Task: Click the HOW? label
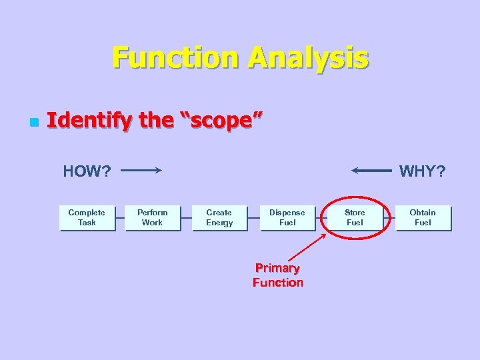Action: click(x=87, y=171)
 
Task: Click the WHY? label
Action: click(x=422, y=171)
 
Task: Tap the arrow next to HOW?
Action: click(x=141, y=171)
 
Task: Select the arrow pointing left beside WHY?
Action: click(x=371, y=171)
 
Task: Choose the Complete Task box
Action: click(x=87, y=218)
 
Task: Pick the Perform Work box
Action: click(x=153, y=218)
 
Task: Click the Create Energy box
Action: click(x=219, y=218)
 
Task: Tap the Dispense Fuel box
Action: click(x=287, y=218)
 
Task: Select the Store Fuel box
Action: click(x=355, y=218)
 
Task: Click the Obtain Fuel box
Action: click(x=423, y=218)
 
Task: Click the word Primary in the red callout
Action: click(x=277, y=268)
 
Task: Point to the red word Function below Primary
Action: click(x=278, y=283)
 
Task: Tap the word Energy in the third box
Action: click(x=219, y=223)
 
